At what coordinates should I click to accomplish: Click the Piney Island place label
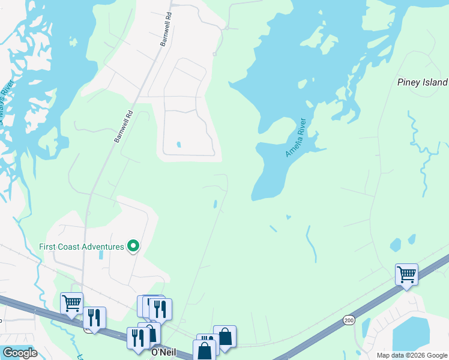pyautogui.click(x=422, y=82)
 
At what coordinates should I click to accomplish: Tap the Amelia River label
pyautogui.click(x=296, y=137)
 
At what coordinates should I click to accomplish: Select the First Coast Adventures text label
pyautogui.click(x=81, y=247)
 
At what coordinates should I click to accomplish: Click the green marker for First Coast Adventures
pyautogui.click(x=134, y=246)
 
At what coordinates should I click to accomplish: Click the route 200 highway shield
pyautogui.click(x=349, y=321)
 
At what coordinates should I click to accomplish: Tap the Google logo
pyautogui.click(x=19, y=353)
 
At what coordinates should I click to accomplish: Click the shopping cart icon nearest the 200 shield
pyautogui.click(x=406, y=275)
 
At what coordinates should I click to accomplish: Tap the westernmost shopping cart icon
pyautogui.click(x=71, y=303)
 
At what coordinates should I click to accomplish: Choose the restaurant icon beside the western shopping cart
pyautogui.click(x=94, y=317)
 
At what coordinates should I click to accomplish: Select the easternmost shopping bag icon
pyautogui.click(x=225, y=336)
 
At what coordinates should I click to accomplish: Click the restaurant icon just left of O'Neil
pyautogui.click(x=138, y=338)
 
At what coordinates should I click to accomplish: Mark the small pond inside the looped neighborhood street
pyautogui.click(x=178, y=145)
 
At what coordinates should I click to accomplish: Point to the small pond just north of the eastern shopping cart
pyautogui.click(x=395, y=245)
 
